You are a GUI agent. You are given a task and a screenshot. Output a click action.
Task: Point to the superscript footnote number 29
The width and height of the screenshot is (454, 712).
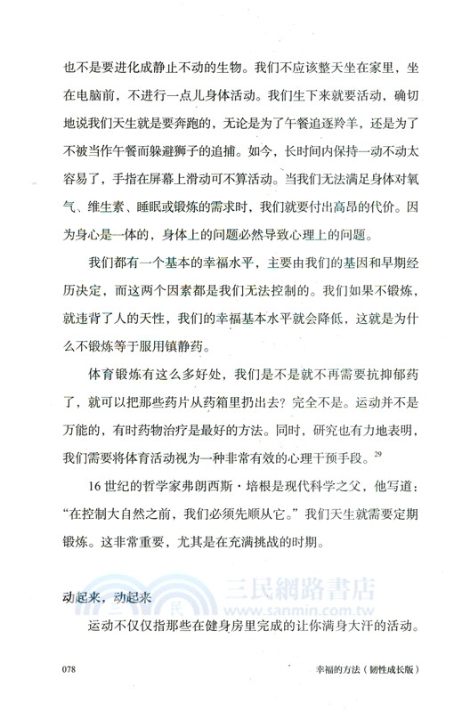point(378,431)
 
